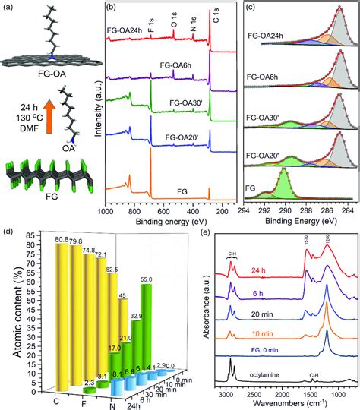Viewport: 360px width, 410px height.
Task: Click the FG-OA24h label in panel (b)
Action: (x=124, y=33)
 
